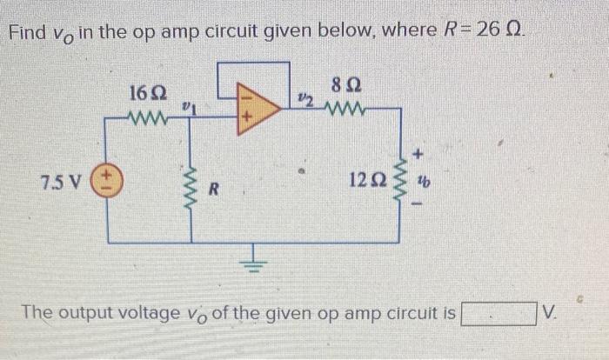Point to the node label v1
(x=187, y=107)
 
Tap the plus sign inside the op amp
(x=249, y=114)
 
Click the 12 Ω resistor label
(x=365, y=181)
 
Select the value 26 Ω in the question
(x=500, y=33)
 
